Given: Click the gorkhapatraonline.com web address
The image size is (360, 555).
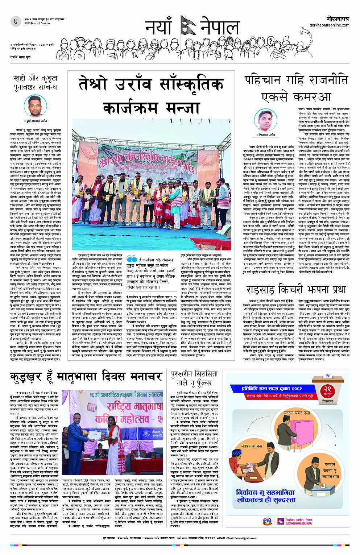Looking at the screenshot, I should tap(329, 25).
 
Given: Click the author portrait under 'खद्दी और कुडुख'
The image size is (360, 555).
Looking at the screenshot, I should tap(35, 105).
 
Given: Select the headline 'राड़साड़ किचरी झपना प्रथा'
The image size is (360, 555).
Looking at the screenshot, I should tap(296, 290).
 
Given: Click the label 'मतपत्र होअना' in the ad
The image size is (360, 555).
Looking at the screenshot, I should tap(252, 446).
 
